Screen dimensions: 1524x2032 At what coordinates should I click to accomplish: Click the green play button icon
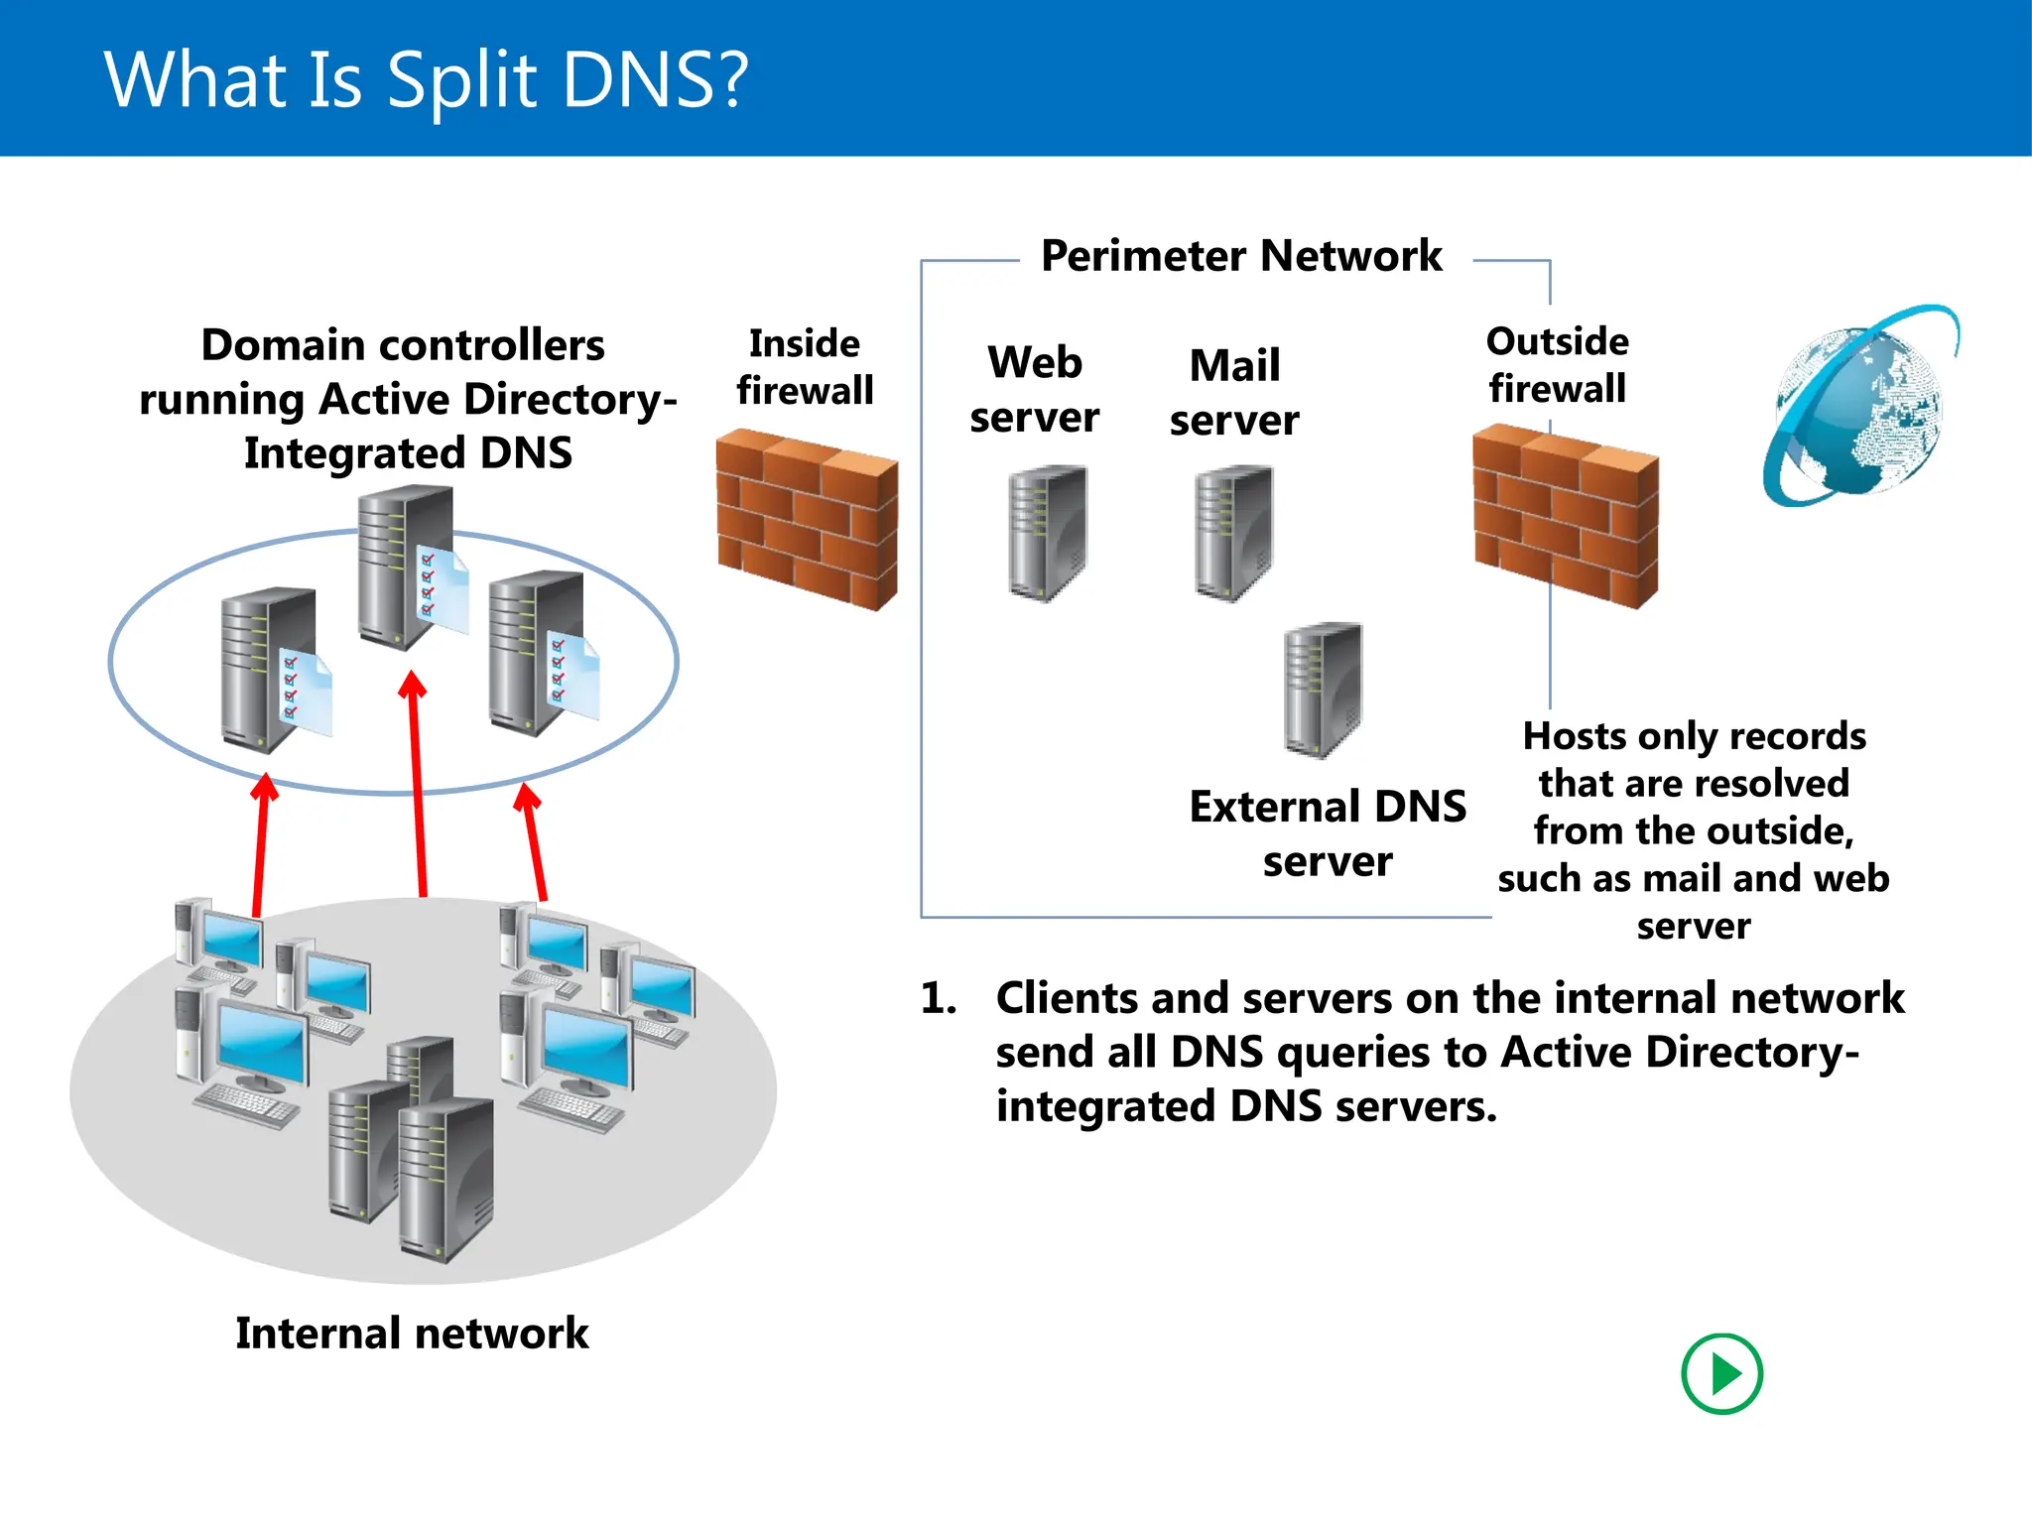click(1721, 1374)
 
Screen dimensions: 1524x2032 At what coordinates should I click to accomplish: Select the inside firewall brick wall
click(807, 518)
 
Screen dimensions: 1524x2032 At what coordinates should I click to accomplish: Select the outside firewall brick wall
click(1565, 515)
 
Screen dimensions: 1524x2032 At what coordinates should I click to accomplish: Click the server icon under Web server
click(1047, 533)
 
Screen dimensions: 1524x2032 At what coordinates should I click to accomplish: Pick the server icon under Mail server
click(1233, 533)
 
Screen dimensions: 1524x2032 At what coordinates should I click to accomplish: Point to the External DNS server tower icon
click(1323, 690)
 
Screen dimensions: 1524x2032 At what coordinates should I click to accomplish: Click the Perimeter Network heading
click(1240, 256)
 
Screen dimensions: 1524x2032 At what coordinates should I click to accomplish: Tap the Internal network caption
click(412, 1333)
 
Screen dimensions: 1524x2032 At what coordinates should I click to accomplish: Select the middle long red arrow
click(418, 784)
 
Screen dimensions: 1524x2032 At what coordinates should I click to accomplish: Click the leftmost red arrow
click(261, 843)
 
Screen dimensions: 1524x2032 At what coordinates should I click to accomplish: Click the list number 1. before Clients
click(938, 998)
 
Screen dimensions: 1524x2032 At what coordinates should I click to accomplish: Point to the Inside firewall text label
click(805, 367)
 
